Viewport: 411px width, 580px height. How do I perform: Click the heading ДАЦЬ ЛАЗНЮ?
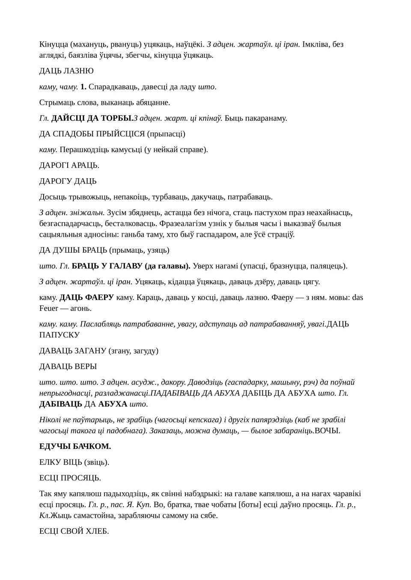[66, 71]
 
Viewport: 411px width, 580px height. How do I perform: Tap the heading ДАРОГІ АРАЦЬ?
[69, 165]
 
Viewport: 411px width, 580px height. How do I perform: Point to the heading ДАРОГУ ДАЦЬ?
[68, 181]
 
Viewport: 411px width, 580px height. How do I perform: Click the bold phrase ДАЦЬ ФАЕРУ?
[86, 297]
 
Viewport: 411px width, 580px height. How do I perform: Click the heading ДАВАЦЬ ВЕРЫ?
[68, 367]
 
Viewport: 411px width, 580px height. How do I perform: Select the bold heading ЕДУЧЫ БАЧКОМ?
[75, 447]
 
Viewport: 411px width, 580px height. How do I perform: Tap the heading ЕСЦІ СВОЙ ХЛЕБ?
[74, 531]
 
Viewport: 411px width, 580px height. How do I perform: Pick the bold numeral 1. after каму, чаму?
[83, 87]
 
